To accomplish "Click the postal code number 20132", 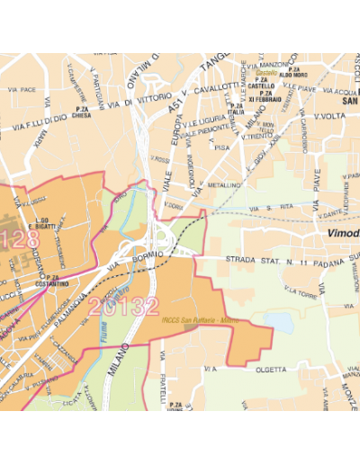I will [123, 307].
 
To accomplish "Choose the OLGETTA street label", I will [265, 368].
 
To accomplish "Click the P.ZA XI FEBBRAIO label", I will [266, 95].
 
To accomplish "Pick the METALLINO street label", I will [225, 184].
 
